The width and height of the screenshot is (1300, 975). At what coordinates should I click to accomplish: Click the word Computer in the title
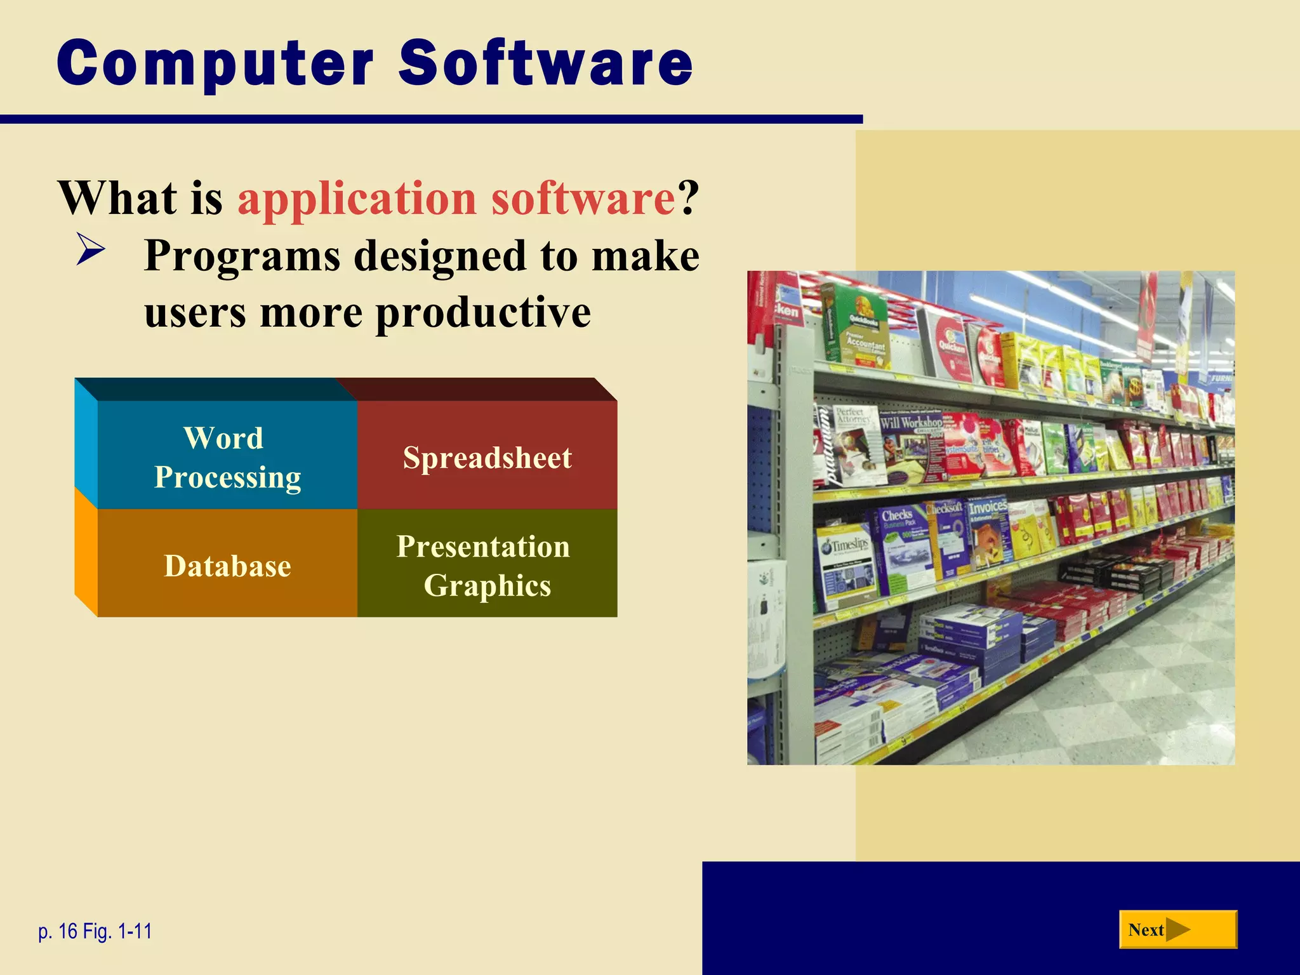pos(216,63)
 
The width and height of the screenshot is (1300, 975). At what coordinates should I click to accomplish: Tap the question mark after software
pos(688,199)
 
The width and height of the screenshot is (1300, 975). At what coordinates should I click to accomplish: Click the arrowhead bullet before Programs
pos(91,249)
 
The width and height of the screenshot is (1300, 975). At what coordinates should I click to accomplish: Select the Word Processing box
pos(227,457)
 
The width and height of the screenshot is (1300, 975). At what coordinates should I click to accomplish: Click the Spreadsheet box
pos(487,457)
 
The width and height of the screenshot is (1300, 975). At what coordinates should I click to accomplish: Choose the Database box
pos(227,565)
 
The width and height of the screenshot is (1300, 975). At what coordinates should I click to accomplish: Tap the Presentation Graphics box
pos(487,565)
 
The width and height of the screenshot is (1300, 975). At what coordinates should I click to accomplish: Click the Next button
pos(1177,929)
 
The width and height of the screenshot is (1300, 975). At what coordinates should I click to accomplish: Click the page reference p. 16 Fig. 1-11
pos(95,931)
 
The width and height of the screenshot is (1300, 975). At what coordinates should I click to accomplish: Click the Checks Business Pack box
pos(901,546)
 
